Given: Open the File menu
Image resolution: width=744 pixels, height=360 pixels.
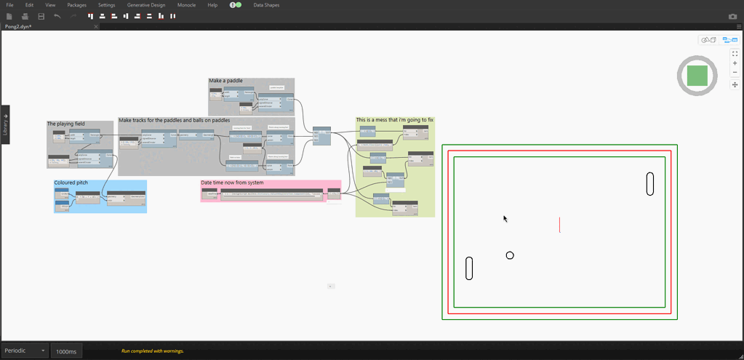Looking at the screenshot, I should pyautogui.click(x=10, y=5).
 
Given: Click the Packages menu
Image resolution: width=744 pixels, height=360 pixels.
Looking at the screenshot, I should pyautogui.click(x=76, y=5).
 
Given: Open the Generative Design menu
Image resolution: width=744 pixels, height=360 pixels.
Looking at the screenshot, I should pyautogui.click(x=145, y=5).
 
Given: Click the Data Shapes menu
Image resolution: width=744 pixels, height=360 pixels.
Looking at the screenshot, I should pyautogui.click(x=267, y=5).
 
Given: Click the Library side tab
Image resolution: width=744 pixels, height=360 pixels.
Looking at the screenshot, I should pyautogui.click(x=5, y=124).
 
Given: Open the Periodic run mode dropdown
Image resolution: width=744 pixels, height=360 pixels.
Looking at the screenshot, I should pyautogui.click(x=25, y=351).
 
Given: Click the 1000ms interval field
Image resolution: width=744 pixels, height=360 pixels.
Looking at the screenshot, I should pyautogui.click(x=66, y=351).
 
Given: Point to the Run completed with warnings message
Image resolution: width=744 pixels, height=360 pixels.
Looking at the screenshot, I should pyautogui.click(x=153, y=351).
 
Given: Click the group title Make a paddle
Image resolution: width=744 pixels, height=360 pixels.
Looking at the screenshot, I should pyautogui.click(x=225, y=81).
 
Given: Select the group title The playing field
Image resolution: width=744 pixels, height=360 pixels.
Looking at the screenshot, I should pyautogui.click(x=66, y=124).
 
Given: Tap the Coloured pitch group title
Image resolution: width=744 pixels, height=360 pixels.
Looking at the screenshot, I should pyautogui.click(x=71, y=183).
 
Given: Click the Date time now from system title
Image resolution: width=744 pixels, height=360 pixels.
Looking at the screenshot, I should pyautogui.click(x=232, y=183).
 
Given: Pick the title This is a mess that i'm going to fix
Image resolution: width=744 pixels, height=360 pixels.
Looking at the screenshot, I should pyautogui.click(x=395, y=119).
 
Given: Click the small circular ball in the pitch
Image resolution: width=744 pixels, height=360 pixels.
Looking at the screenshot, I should pyautogui.click(x=510, y=255).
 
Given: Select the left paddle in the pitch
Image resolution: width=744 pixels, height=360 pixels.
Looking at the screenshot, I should pyautogui.click(x=470, y=268).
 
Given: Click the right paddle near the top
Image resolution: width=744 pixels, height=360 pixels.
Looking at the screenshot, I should pyautogui.click(x=650, y=184).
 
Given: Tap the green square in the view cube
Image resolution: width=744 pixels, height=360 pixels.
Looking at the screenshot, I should pyautogui.click(x=697, y=76).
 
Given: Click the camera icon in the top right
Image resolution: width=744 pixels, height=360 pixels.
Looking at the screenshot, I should pyautogui.click(x=732, y=16).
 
